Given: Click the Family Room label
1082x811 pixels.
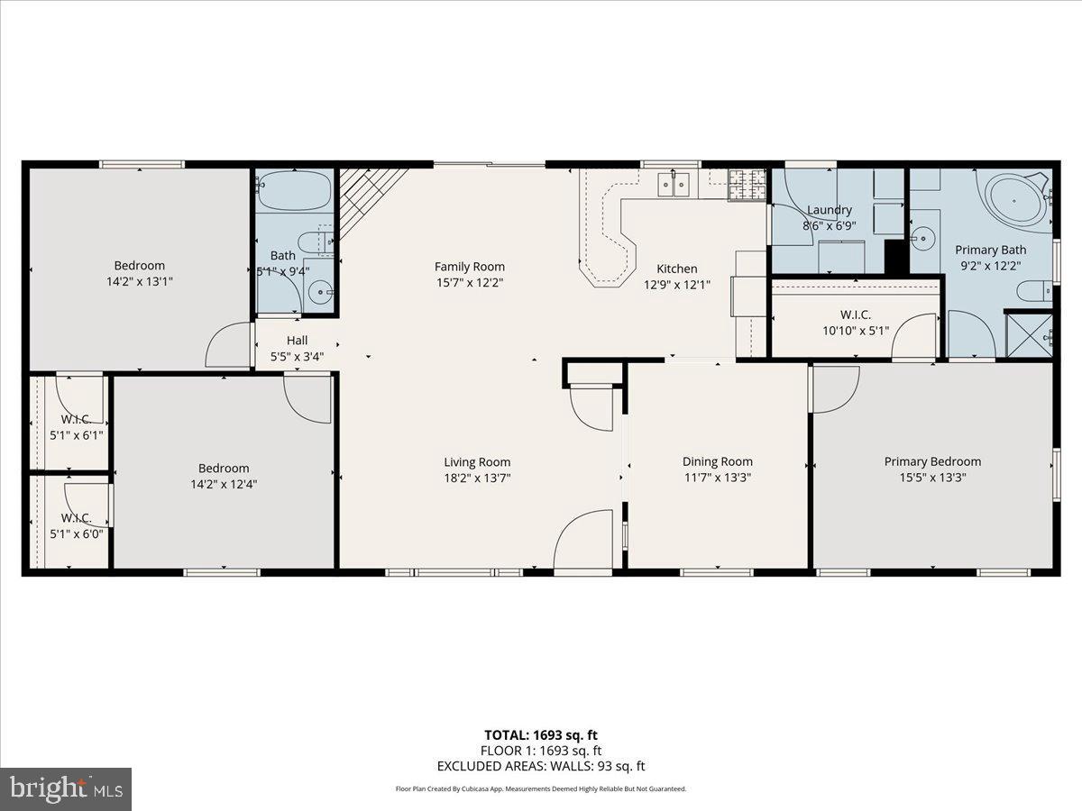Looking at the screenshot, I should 469,267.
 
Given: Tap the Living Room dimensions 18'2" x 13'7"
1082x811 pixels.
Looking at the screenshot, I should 477,478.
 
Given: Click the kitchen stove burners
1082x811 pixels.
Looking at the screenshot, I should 746,184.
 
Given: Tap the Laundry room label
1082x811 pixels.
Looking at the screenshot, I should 829,210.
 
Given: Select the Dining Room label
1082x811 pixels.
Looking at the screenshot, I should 717,462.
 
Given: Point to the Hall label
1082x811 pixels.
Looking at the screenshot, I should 297,341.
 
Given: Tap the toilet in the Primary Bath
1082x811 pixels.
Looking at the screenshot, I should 1033,290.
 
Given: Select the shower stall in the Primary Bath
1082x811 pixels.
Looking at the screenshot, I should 1029,335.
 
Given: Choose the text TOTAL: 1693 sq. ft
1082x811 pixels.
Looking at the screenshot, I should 541,735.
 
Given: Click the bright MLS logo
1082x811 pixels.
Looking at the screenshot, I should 65,788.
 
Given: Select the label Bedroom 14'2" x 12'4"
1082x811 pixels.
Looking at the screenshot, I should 224,476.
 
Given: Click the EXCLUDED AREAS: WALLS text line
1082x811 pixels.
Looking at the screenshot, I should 541,766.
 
